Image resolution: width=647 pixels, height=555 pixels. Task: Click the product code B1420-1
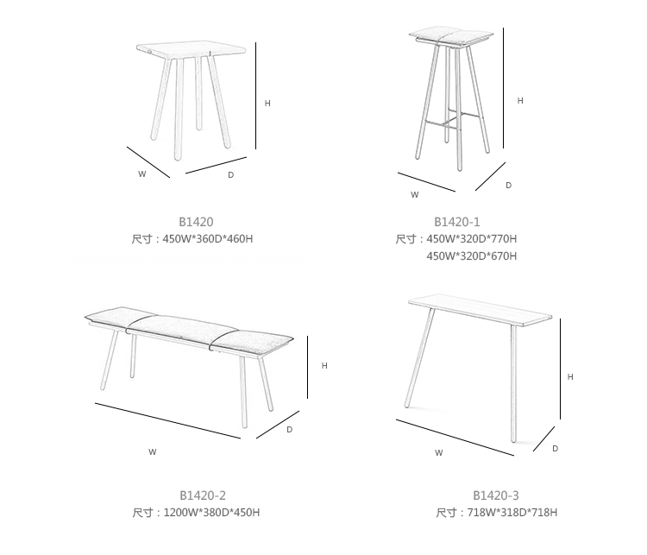pos(456,222)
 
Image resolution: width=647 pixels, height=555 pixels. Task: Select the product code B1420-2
pos(203,495)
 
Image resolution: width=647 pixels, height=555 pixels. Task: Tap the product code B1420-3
pos(495,495)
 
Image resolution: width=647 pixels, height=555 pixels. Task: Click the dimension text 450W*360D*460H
pos(208,239)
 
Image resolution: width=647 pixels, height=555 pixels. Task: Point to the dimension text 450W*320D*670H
pos(472,256)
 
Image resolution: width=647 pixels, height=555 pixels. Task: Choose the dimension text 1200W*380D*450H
pos(211,513)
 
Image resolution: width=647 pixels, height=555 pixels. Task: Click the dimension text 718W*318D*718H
pos(512,513)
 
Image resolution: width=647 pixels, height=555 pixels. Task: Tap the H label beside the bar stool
pos(520,101)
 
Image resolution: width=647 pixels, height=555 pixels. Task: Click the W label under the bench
pos(152,452)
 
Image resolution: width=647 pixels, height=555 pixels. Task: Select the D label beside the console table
pos(555,449)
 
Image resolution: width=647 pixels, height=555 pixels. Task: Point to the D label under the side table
pos(230,175)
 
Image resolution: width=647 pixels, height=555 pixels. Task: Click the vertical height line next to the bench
pos(307,367)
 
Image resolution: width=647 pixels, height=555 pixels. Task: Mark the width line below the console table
pos(455,438)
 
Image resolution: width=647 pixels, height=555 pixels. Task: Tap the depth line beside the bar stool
pos(490,176)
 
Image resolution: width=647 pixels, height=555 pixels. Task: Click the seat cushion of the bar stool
pos(451,36)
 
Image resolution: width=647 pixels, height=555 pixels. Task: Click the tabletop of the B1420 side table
pos(191,49)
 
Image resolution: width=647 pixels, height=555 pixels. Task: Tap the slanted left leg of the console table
pos(419,357)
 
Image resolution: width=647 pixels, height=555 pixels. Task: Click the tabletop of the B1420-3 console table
pos(480,309)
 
